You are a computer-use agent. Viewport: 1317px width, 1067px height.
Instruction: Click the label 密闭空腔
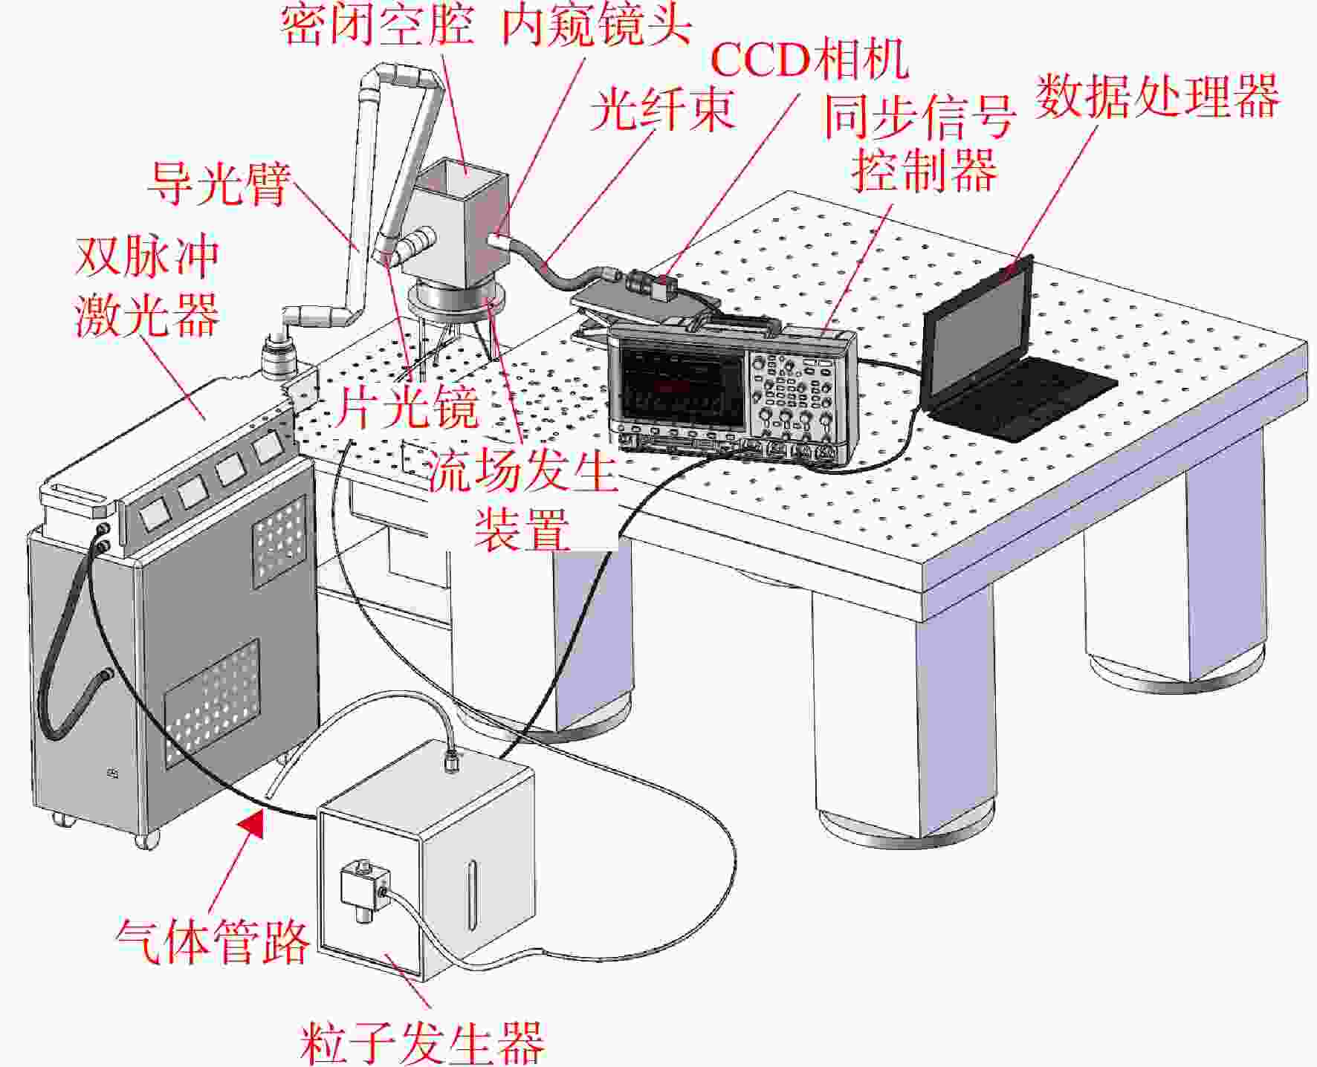[x=378, y=24]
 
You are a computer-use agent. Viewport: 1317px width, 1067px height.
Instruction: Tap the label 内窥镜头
[x=597, y=25]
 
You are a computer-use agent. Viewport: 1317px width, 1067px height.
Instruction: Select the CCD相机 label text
[x=809, y=59]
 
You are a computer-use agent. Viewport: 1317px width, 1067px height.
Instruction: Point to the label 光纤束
[x=662, y=110]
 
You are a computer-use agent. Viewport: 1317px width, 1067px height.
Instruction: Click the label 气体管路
[x=213, y=941]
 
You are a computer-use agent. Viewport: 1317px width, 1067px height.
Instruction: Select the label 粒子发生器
[x=422, y=1042]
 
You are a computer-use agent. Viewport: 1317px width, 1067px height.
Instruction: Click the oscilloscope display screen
[x=682, y=385]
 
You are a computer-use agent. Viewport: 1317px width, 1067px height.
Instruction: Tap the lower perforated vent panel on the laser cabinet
[x=213, y=703]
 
